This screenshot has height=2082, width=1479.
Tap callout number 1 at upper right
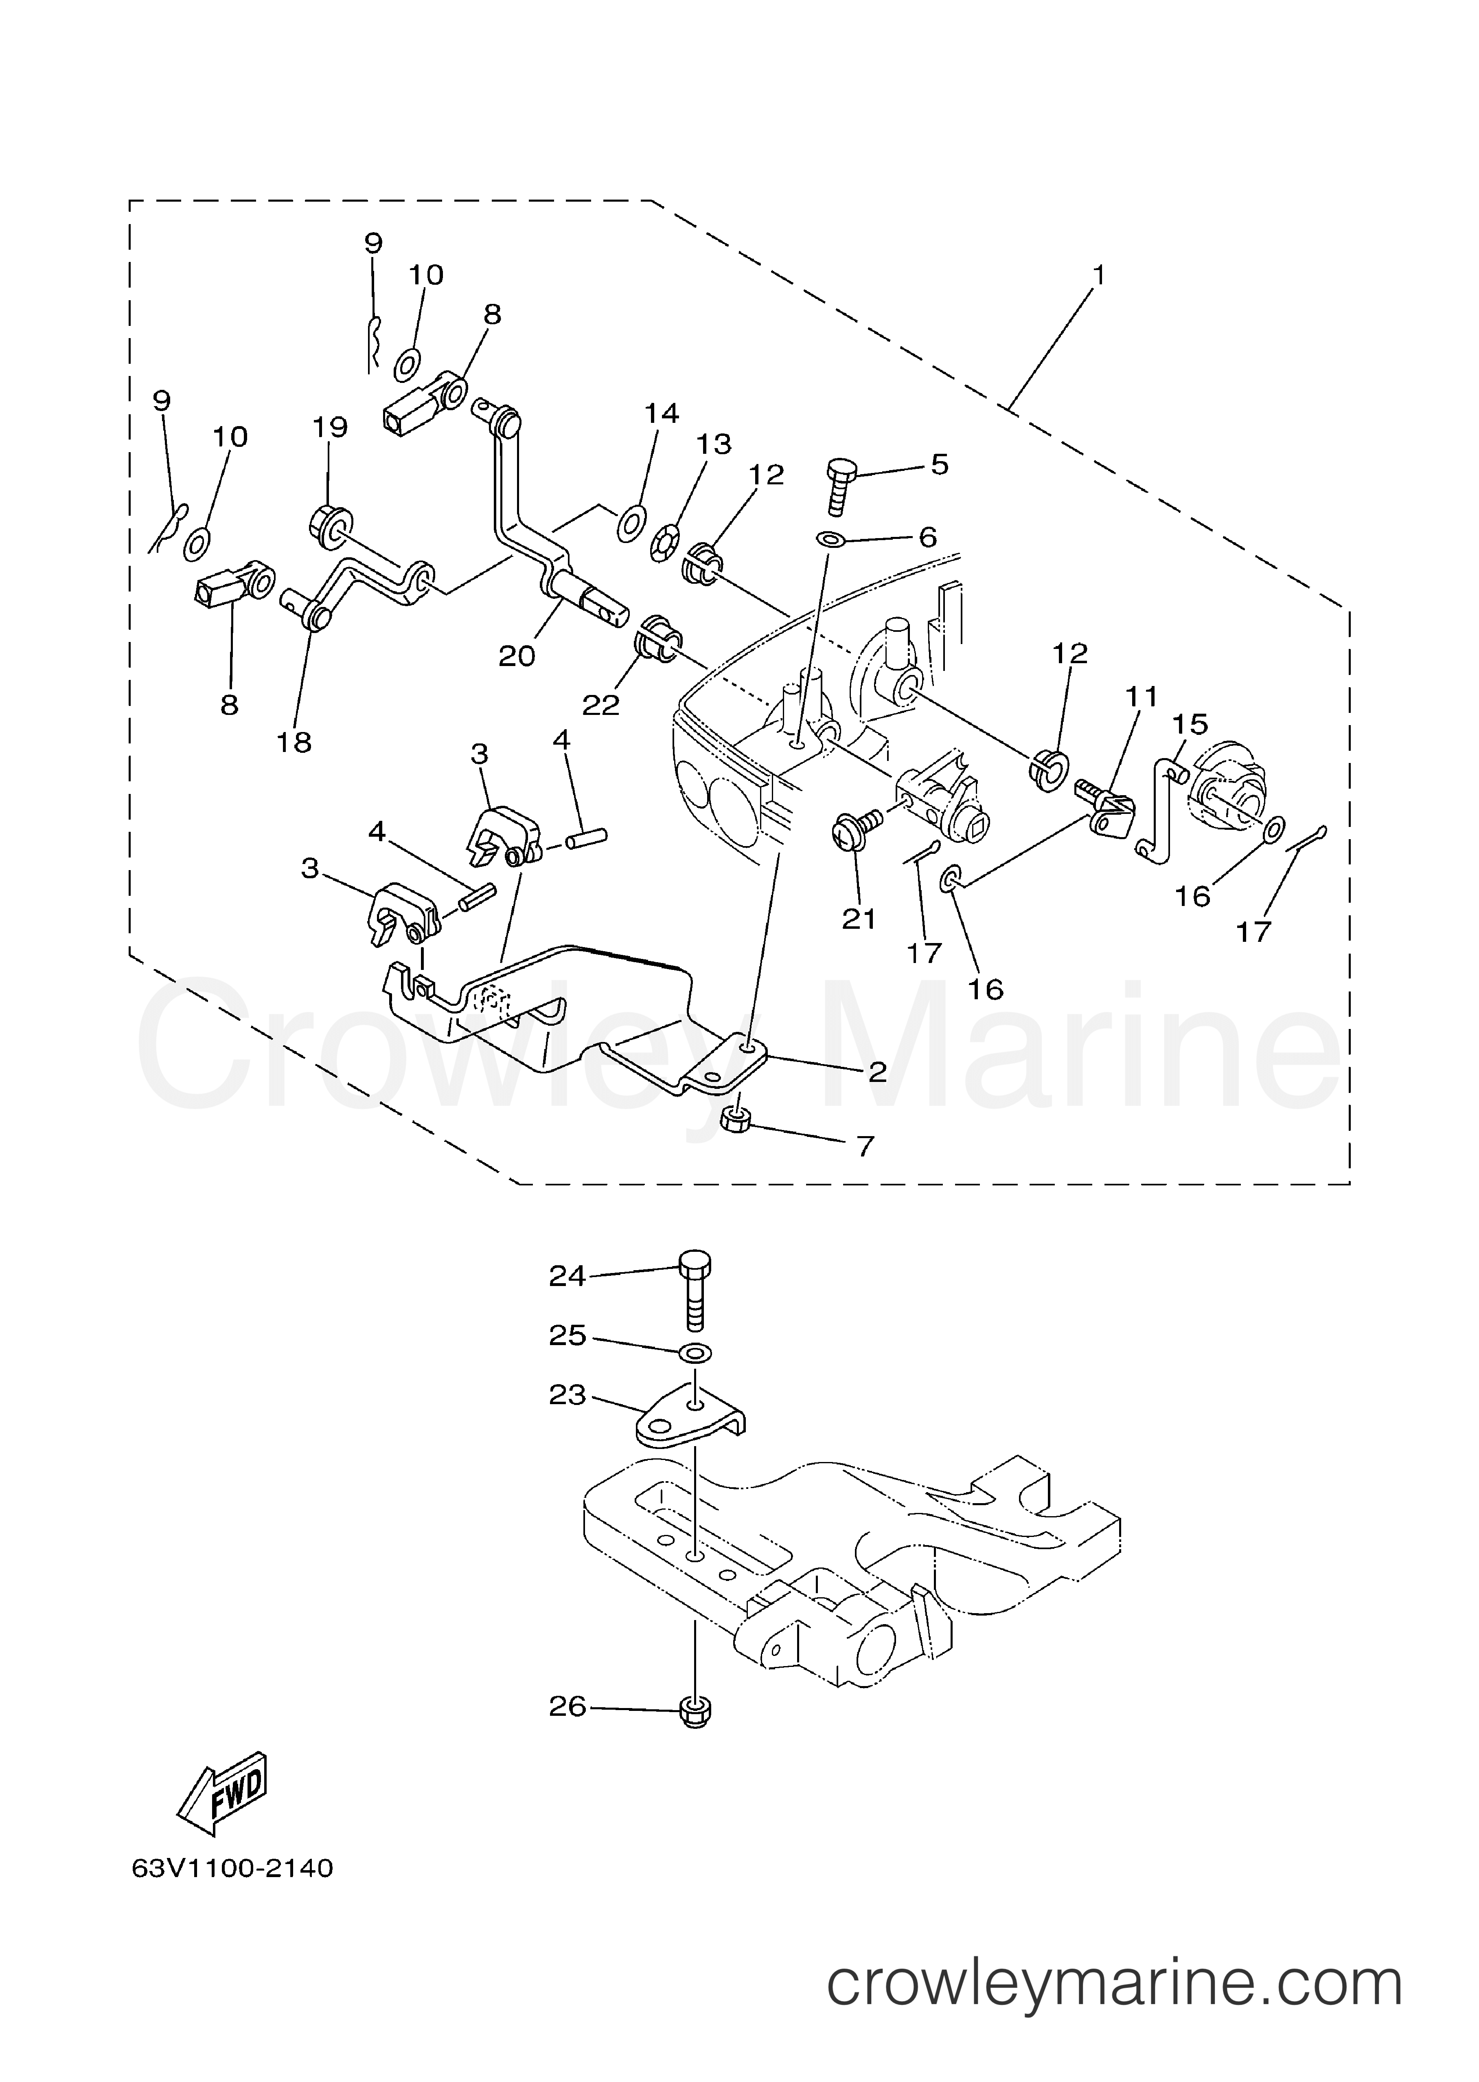[x=1099, y=274]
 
